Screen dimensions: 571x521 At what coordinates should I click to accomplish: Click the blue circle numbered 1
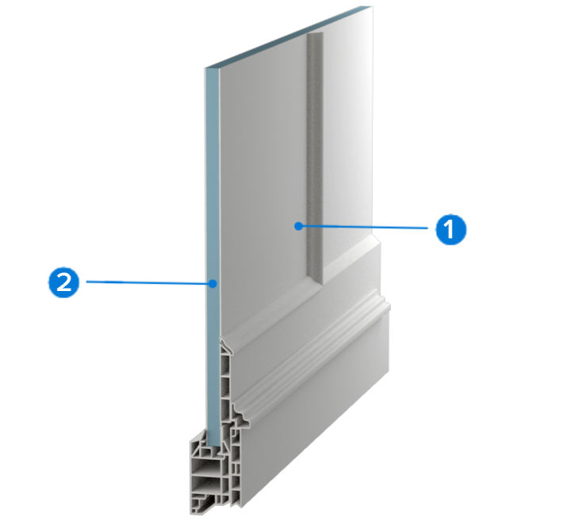(x=450, y=229)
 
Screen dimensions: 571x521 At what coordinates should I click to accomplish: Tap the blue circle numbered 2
(x=63, y=282)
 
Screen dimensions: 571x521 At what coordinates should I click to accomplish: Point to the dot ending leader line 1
(x=298, y=226)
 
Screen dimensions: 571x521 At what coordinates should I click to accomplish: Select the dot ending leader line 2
(x=213, y=283)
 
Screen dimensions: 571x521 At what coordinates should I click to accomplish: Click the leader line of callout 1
(x=363, y=227)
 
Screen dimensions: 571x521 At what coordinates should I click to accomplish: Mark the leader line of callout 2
(x=150, y=282)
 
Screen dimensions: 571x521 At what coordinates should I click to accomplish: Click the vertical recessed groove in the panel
(x=315, y=157)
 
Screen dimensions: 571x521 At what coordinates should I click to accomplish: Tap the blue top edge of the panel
(x=289, y=36)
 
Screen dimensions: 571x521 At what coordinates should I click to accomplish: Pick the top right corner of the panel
(x=373, y=6)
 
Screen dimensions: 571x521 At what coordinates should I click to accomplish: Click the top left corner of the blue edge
(x=205, y=68)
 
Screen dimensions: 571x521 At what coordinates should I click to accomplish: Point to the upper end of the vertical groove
(x=315, y=33)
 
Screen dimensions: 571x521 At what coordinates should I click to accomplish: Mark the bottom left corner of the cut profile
(x=190, y=514)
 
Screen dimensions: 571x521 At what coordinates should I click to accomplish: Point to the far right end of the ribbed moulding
(x=389, y=305)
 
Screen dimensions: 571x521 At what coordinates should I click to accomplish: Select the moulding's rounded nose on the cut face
(x=245, y=422)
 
